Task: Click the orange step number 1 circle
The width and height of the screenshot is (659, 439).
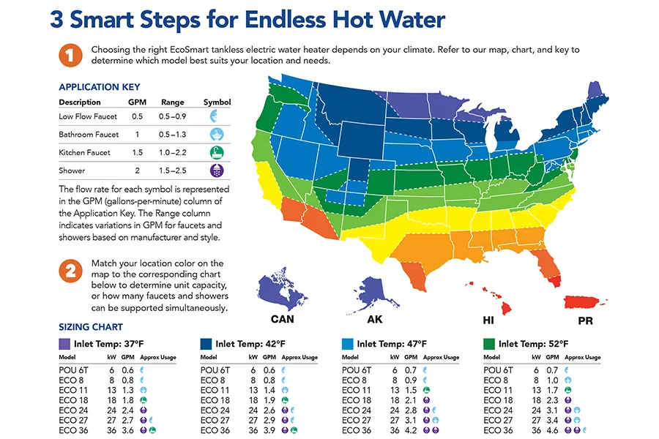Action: [70, 56]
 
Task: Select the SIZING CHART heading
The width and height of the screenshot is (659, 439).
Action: [91, 327]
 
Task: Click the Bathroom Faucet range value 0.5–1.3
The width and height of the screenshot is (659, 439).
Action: [173, 135]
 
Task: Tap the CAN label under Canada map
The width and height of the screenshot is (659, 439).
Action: [283, 320]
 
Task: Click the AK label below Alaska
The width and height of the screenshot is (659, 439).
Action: [375, 320]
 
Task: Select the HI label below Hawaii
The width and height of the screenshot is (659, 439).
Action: [489, 320]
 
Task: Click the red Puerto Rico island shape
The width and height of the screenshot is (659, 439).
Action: [587, 301]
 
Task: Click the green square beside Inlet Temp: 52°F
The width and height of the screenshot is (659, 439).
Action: [488, 343]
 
